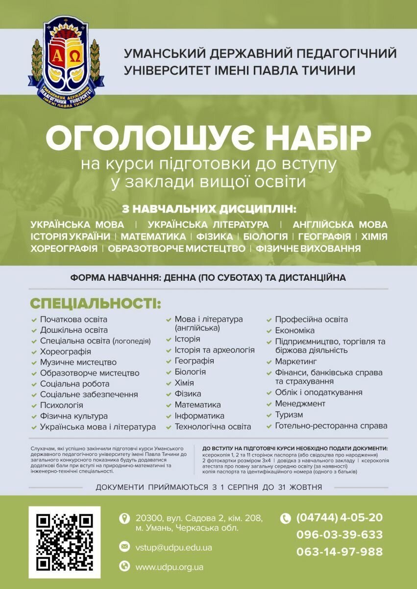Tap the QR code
coord(65,542)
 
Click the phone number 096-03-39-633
coord(339,535)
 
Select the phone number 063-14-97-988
coord(339,552)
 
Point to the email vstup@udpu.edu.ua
coord(173,547)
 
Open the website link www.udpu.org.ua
coord(169,567)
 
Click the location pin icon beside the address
coord(124,518)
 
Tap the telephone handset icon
coord(285,518)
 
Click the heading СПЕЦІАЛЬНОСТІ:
coord(96,303)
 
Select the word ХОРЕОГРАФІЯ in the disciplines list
coord(64,249)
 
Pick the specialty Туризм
coord(289,415)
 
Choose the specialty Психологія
coord(61,405)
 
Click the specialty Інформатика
coord(199,416)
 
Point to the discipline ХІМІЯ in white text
coord(374,237)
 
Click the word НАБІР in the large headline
coord(319,139)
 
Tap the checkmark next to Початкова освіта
coord(34,320)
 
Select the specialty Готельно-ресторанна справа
coord(331,426)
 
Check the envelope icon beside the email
coord(124,547)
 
